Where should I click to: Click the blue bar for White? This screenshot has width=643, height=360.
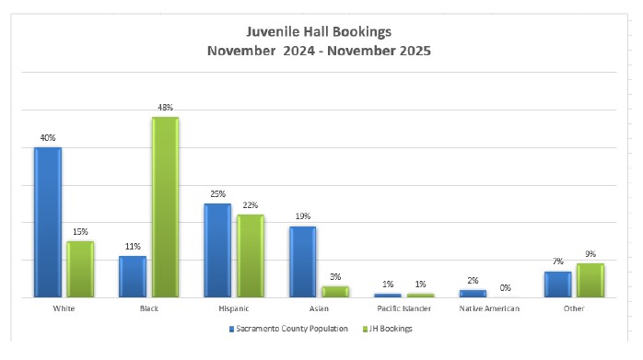click(48, 222)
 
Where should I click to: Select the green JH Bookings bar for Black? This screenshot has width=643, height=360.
click(165, 207)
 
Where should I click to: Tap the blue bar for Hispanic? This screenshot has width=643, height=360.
click(217, 250)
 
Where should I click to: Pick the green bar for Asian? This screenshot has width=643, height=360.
click(335, 291)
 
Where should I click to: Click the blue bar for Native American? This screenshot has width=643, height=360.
click(473, 294)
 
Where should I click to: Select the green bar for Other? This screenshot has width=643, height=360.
click(590, 280)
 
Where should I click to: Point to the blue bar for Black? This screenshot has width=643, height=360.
click(133, 276)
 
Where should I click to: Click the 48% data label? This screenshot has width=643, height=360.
click(165, 108)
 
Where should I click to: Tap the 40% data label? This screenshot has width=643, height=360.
click(47, 138)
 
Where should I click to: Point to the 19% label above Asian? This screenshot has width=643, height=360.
click(303, 217)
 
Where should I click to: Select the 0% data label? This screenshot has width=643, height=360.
click(505, 287)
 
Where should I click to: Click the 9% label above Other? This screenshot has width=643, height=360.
click(590, 254)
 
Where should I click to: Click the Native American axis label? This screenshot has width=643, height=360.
click(488, 309)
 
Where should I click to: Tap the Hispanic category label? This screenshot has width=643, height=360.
click(234, 309)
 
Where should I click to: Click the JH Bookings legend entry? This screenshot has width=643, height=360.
click(391, 329)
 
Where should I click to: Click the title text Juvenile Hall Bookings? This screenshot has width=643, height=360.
click(319, 32)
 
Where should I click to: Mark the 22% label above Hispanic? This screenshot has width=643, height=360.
click(251, 205)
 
